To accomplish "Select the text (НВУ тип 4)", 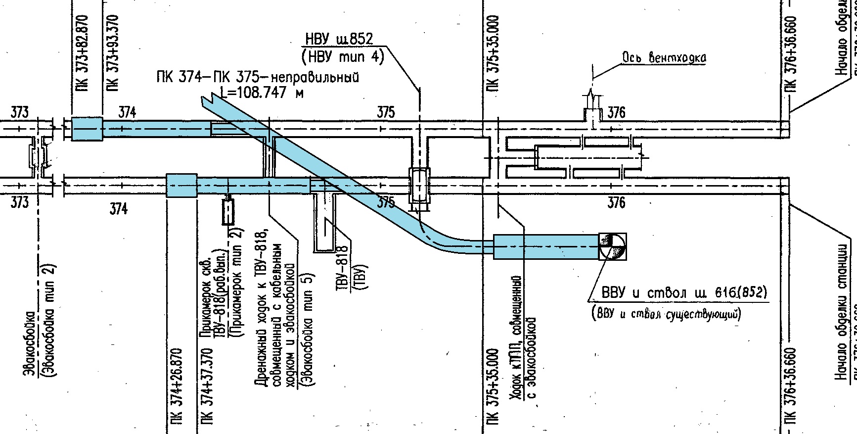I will [342, 57].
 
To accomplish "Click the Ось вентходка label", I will [664, 58].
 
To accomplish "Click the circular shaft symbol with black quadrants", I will [612, 246].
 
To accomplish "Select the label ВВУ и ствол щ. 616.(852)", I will [684, 293].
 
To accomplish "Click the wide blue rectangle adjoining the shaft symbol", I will [546, 246].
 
